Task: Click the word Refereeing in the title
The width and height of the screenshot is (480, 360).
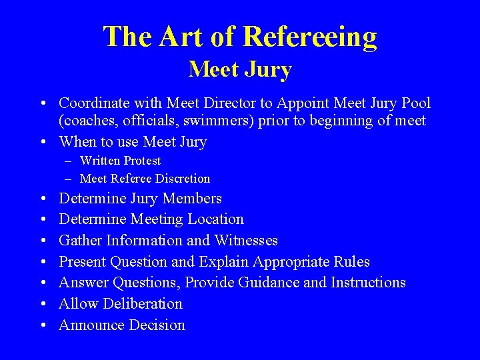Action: [311, 37]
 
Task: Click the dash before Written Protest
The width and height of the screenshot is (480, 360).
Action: [69, 161]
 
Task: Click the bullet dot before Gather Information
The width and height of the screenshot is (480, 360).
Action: [43, 241]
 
